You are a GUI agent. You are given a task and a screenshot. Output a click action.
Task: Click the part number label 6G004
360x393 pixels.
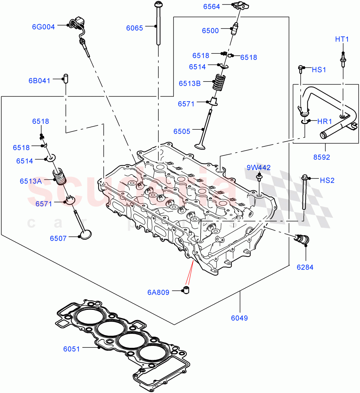point(43,27)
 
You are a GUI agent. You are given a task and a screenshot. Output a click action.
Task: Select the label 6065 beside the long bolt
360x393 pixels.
point(135,28)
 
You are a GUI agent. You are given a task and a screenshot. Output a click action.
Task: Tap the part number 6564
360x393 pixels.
point(211,6)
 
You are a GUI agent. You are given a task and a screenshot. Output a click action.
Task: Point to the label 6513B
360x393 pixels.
point(189,84)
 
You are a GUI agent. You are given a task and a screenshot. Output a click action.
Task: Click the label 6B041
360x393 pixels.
point(39,81)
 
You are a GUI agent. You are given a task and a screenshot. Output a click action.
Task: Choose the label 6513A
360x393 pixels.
point(30,181)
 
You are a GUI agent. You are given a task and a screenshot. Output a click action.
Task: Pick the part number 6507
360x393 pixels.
point(58,238)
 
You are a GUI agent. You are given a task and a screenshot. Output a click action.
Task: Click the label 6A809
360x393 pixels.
point(158,292)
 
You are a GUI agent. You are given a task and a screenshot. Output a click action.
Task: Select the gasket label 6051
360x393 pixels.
point(71,349)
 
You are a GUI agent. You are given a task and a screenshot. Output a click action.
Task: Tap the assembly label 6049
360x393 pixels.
point(239,318)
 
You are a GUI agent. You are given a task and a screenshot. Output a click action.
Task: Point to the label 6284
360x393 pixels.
point(305,267)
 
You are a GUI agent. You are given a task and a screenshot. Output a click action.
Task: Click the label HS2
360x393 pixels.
point(327,180)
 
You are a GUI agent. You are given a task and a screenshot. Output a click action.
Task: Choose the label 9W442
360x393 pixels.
point(259,168)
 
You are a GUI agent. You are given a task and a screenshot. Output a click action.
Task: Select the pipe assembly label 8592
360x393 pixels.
point(321,157)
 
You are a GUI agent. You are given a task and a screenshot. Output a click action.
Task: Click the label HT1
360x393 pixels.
point(342,39)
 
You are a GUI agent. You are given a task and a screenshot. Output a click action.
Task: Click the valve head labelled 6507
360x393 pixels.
point(85,234)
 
